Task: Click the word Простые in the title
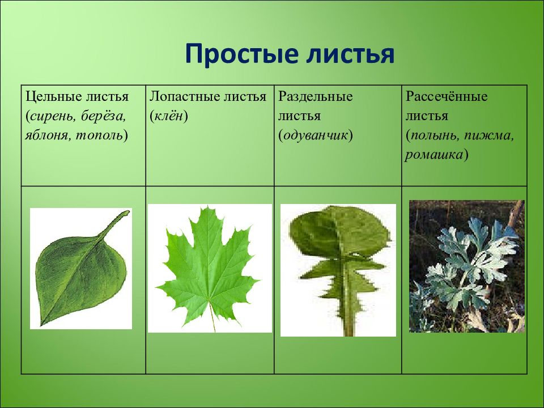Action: (242, 54)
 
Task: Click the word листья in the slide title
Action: (350, 54)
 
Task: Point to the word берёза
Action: (103, 116)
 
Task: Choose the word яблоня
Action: (47, 135)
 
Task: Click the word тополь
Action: (99, 135)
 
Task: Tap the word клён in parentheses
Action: (169, 116)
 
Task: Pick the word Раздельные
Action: (316, 96)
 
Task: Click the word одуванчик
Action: (316, 135)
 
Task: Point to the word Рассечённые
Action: (447, 96)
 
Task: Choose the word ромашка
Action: (433, 155)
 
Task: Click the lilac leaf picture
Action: (81, 269)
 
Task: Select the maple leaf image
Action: (210, 268)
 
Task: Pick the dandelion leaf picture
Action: (338, 270)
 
